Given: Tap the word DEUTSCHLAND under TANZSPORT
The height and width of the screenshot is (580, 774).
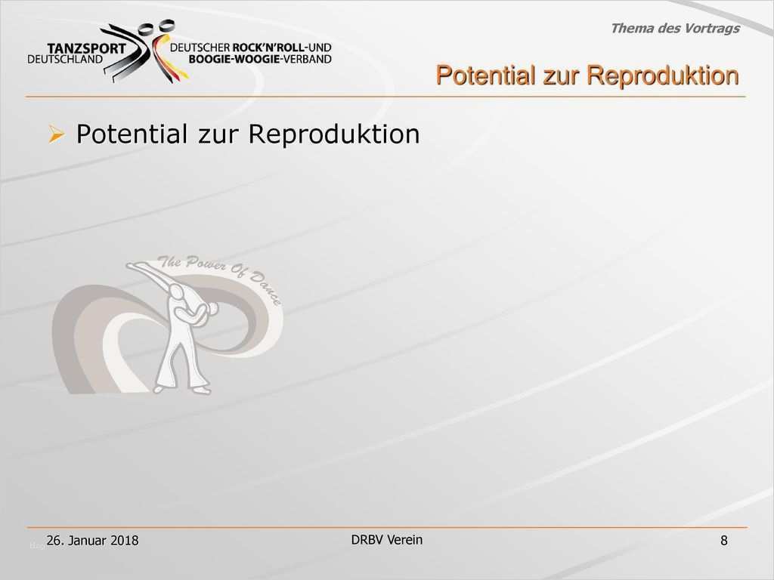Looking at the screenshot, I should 65,59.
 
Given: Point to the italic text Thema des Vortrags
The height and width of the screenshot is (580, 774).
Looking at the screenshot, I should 674,29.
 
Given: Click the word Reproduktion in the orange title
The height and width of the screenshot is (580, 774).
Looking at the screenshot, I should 662,76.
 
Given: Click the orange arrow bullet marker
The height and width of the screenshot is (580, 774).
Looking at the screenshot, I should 56,135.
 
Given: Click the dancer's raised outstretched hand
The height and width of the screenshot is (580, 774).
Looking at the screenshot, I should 133,265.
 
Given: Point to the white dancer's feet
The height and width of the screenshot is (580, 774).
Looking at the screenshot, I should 181,390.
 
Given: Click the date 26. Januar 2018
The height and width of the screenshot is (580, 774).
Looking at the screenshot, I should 92,541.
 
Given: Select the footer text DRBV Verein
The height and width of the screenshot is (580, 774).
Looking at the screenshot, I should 387,539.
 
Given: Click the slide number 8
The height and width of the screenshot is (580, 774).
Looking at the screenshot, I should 724,541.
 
